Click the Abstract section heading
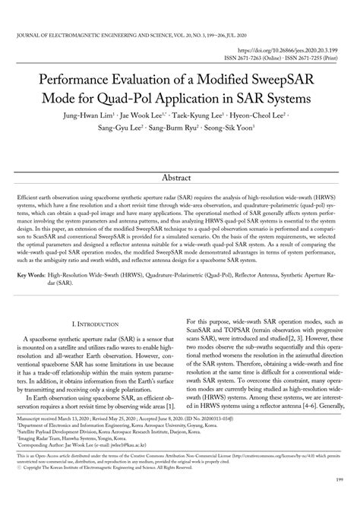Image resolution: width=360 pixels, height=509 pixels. (180, 177)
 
